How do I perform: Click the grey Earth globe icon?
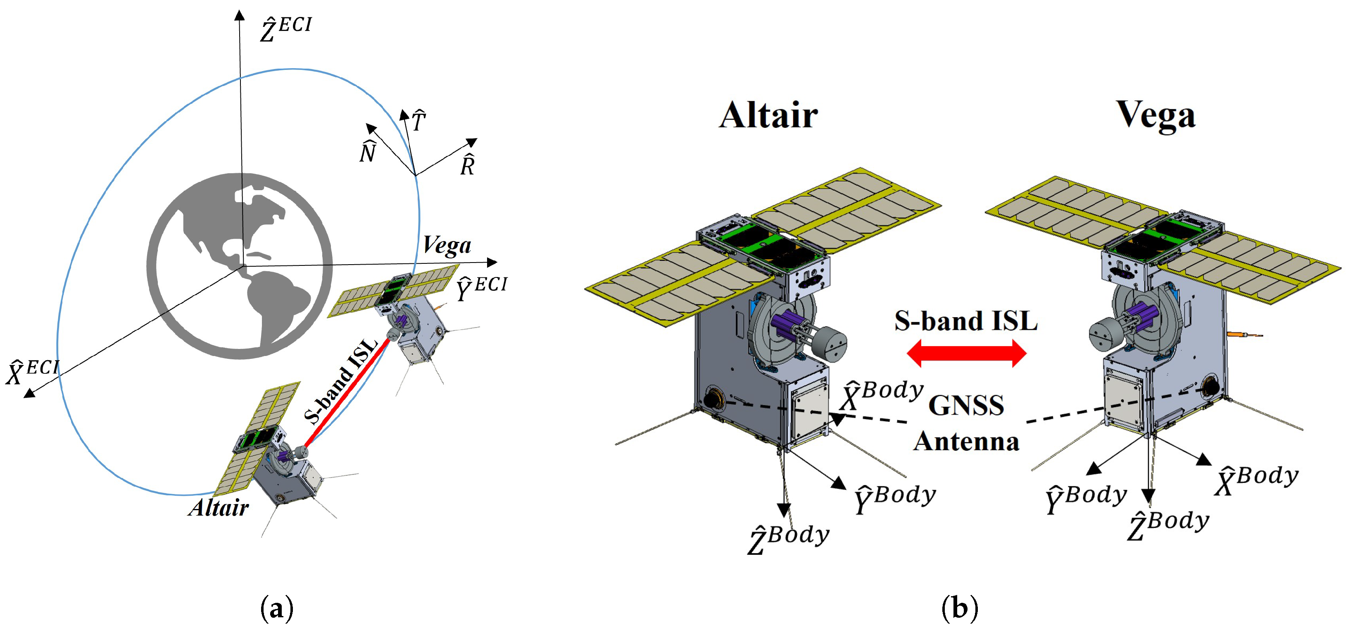(240, 266)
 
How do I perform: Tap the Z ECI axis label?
(285, 29)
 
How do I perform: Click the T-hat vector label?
(418, 121)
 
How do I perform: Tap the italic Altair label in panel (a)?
(219, 508)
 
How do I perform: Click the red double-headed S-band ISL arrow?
(966, 354)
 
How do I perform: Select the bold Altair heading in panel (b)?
(768, 115)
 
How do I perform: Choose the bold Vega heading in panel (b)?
(1156, 115)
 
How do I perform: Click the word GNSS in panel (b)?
(966, 405)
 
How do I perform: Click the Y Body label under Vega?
(1086, 499)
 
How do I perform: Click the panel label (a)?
(276, 608)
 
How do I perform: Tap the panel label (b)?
(959, 608)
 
